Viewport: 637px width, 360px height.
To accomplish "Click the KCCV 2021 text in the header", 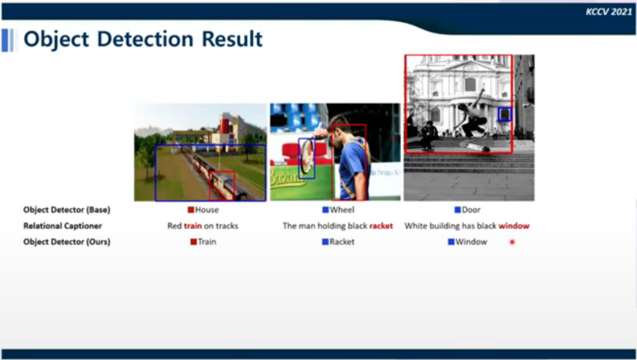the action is [x=608, y=12].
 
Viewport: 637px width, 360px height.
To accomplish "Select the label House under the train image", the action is [x=207, y=210].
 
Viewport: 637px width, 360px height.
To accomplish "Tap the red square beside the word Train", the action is [x=193, y=242].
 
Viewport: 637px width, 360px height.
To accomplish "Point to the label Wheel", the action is [x=342, y=210].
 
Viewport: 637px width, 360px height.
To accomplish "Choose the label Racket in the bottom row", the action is [x=342, y=242].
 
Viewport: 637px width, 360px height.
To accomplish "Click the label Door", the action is [x=472, y=210].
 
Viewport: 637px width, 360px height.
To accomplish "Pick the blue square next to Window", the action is [x=451, y=242].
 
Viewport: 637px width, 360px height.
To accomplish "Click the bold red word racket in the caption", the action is [x=381, y=226].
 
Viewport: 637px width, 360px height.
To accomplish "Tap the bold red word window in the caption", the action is [x=514, y=226].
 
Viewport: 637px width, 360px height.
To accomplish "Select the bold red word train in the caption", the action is [x=193, y=226].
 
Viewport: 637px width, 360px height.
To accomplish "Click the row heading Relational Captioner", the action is [x=63, y=226].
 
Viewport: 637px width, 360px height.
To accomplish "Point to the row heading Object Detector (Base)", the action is [x=67, y=210].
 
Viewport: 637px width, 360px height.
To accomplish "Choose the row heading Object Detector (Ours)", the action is [x=67, y=242].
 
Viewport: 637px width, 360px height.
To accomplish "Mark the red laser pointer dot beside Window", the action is [x=513, y=242].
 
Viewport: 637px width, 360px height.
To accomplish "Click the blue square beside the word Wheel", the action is [x=325, y=210].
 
